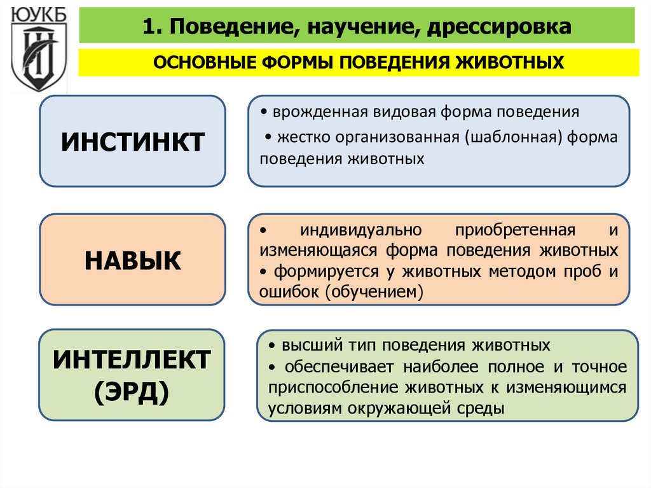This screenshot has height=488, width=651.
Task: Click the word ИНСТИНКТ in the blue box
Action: click(132, 141)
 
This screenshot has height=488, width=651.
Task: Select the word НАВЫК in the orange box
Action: click(132, 260)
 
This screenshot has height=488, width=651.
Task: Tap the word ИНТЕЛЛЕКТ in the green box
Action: click(132, 360)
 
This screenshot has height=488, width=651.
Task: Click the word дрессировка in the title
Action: click(502, 26)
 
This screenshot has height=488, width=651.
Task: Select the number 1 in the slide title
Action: click(149, 26)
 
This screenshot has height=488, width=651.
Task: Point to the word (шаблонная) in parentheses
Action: click(515, 137)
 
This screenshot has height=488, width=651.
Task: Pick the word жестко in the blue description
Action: click(299, 137)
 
